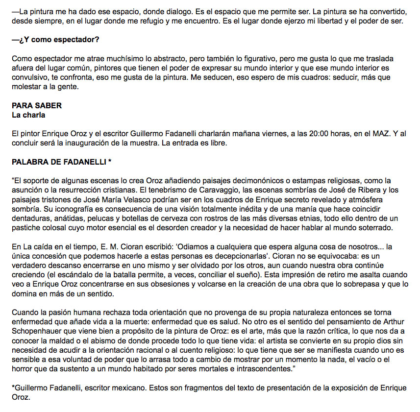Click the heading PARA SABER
coord(37,105)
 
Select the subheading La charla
coord(29,115)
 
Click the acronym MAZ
coord(377,133)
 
